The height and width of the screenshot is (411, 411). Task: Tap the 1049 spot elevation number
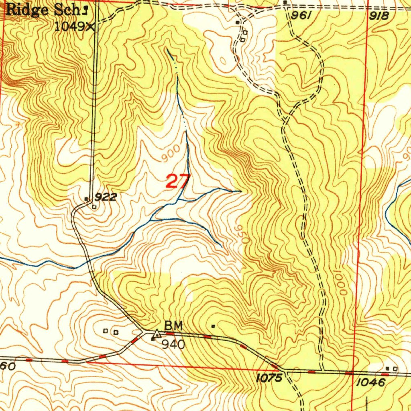click(70, 26)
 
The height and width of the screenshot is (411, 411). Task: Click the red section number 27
click(177, 181)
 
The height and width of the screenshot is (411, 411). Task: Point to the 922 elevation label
click(106, 197)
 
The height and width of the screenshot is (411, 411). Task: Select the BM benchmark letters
click(173, 326)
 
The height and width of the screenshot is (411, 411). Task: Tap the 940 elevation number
click(173, 344)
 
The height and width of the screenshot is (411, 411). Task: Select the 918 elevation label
click(379, 16)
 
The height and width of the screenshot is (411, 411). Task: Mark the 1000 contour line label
click(341, 283)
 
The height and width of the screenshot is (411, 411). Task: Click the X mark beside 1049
click(91, 27)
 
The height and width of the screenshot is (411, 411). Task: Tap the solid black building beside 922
click(86, 199)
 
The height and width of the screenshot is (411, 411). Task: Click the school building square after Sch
click(85, 8)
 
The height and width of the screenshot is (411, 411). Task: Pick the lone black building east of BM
click(213, 326)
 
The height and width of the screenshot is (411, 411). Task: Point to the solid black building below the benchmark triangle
click(153, 340)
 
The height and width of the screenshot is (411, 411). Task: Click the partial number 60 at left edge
click(8, 366)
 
